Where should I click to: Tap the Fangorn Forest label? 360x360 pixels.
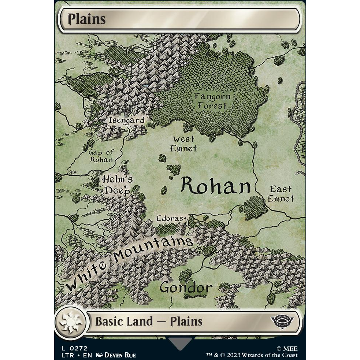point(212,101)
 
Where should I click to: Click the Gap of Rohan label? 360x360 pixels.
point(101,156)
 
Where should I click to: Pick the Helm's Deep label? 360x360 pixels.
point(117,185)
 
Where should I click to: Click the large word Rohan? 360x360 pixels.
point(215,186)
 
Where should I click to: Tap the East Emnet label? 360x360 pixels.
point(281,194)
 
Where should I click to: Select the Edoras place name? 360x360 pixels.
point(169,218)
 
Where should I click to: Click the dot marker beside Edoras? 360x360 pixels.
point(186,219)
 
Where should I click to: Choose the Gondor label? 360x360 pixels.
point(186,287)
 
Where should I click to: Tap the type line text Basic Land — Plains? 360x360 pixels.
point(148,322)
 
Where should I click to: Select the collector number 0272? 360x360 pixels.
point(79,348)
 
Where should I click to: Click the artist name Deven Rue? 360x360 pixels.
point(120,355)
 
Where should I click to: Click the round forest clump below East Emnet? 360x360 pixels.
point(255,207)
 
